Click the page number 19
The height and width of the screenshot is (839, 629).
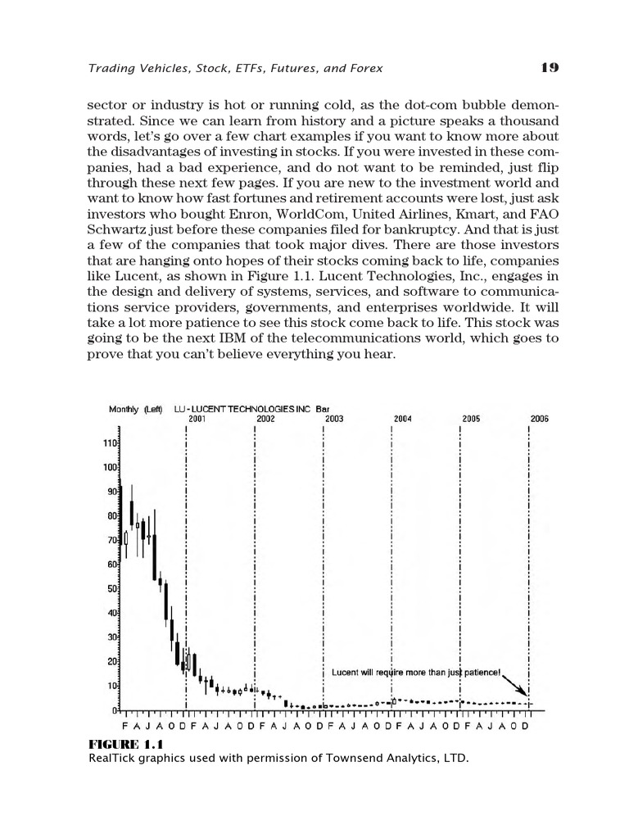tap(550, 68)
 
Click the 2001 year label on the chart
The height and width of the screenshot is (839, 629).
tap(197, 418)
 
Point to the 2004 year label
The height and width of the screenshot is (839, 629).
tap(402, 418)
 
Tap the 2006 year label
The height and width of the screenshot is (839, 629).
tap(539, 418)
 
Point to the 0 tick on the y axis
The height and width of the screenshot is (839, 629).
tap(115, 710)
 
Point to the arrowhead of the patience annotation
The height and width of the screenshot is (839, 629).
tap(527, 694)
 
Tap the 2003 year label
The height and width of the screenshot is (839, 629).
tap(333, 418)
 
